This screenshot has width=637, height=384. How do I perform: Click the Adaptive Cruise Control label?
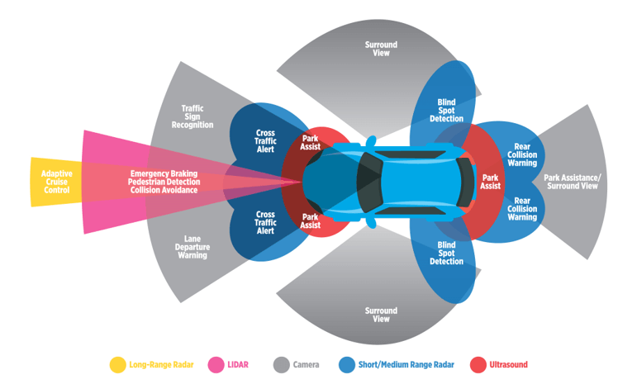coord(56,182)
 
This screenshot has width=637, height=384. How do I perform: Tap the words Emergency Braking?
coord(164,174)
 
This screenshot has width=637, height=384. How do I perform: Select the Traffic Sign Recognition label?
coord(193,116)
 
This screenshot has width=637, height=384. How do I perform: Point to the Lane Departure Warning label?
coord(192,247)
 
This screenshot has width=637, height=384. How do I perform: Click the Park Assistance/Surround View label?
coord(570,182)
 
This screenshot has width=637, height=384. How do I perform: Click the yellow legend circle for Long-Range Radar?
coord(117,364)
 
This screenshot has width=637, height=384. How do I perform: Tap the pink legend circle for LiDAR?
coord(217,364)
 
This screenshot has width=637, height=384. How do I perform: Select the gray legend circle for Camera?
coord(281,364)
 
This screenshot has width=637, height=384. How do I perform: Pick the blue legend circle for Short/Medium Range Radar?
coord(347,364)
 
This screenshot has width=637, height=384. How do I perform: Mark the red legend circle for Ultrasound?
coord(478,364)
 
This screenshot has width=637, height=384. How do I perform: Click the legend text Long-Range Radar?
coord(161,364)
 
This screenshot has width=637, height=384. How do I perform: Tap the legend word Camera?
coord(307,364)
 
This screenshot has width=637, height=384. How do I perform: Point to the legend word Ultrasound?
coord(508,364)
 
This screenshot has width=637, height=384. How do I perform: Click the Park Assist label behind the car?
coord(491,182)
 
